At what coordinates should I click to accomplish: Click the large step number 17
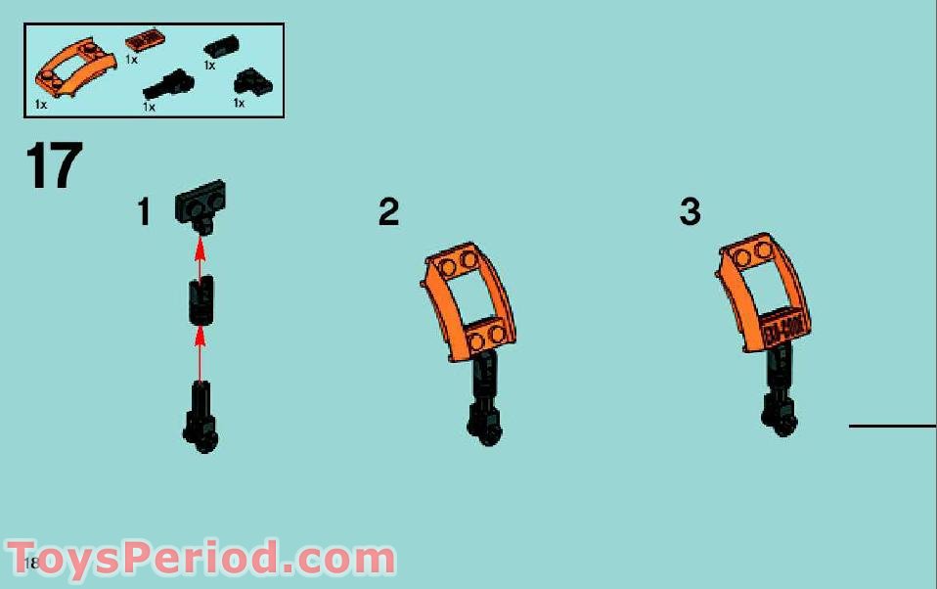click(55, 166)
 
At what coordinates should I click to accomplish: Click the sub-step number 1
click(144, 211)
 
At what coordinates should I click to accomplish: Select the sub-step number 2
click(388, 211)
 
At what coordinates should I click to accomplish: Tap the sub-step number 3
click(691, 211)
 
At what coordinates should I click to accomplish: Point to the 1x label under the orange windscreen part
click(41, 103)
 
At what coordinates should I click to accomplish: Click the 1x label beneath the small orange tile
click(131, 60)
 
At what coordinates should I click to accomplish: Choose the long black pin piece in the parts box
click(169, 84)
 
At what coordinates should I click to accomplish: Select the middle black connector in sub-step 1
click(201, 299)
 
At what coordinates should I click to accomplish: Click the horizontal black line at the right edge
click(892, 426)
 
